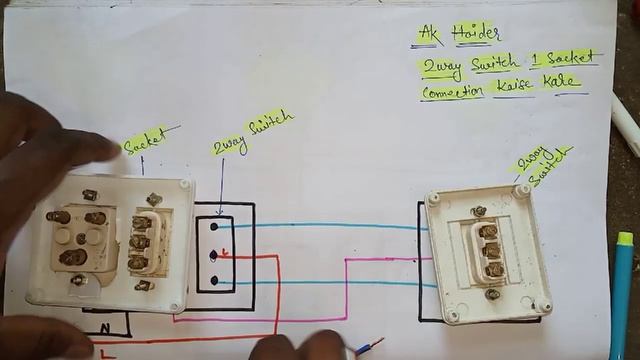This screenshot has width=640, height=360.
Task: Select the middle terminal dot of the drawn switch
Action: click(x=214, y=255)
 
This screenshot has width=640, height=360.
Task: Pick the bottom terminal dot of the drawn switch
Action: click(x=214, y=282)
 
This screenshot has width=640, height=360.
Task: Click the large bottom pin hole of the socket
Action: click(x=74, y=257)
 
